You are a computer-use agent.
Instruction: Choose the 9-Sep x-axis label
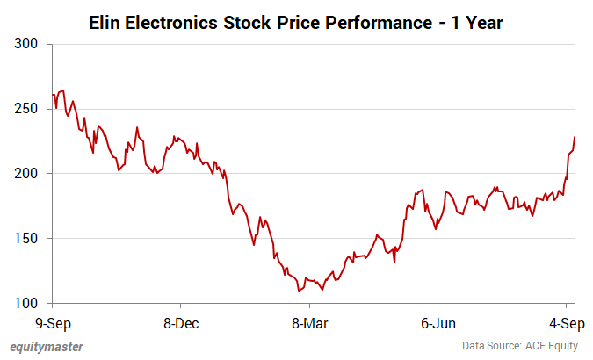coord(53,322)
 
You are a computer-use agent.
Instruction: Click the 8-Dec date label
coord(181,322)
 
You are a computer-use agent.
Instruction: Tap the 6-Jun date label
coord(437,322)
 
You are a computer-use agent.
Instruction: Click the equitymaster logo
coord(47,346)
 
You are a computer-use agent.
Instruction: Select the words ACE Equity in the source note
coord(553,346)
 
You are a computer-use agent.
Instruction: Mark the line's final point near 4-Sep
coord(575,137)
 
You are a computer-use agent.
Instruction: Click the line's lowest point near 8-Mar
coord(300,291)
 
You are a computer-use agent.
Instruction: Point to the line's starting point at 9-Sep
coord(53,94)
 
